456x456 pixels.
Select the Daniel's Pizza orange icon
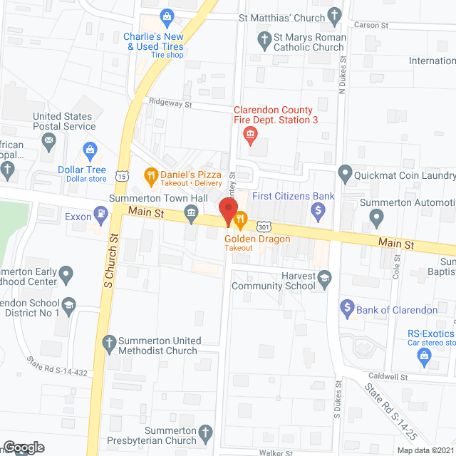150,174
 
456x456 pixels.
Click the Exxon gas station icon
103,212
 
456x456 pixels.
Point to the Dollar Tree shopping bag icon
90,150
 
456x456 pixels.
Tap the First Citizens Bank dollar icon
319,210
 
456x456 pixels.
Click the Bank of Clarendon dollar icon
348,309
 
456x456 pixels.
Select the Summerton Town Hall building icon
191,212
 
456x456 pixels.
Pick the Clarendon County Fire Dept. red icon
250,135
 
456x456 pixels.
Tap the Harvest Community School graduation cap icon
325,277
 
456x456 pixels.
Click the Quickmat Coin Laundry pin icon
345,173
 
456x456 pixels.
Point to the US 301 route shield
264,227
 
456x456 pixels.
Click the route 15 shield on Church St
124,175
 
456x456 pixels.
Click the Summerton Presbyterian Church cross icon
205,432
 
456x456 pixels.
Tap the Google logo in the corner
23,447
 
